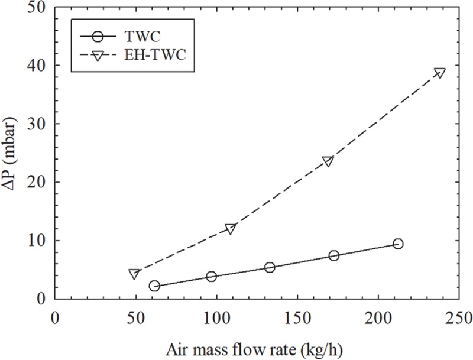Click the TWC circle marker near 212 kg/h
(398, 244)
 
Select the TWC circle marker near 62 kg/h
(154, 286)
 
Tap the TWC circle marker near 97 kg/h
(211, 276)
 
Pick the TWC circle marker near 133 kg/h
(270, 267)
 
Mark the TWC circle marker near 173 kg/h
(333, 255)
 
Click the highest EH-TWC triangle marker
(439, 73)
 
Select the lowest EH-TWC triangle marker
(134, 274)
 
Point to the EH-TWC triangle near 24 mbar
(328, 161)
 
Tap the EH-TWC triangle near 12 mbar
(231, 229)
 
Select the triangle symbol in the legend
(99, 56)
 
